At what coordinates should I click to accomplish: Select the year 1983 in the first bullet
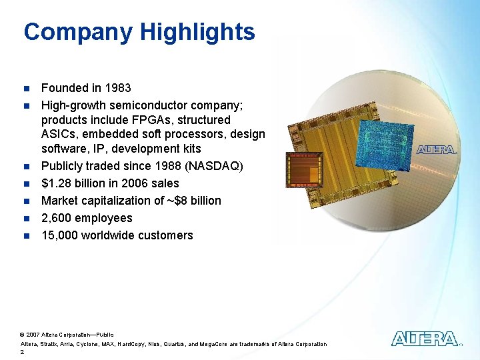(117, 88)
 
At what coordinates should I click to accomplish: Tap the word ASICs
(59, 135)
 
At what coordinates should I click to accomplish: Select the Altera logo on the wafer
(437, 149)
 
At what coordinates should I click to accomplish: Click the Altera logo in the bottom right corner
(425, 339)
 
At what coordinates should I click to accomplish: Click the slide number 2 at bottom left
(23, 353)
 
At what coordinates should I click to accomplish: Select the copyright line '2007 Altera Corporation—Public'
(69, 334)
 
